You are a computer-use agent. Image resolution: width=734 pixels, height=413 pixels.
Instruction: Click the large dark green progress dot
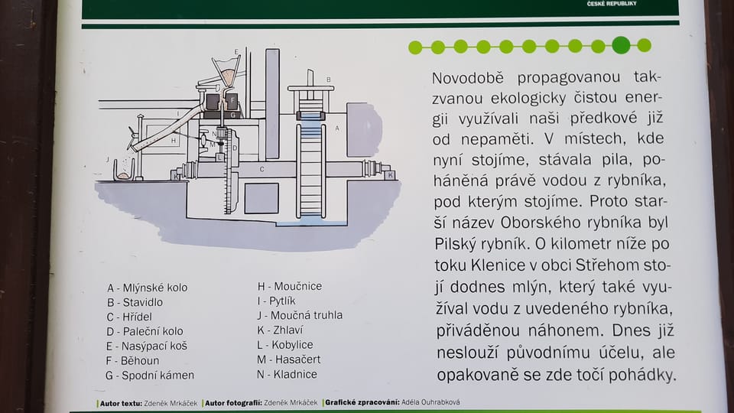pos(621,45)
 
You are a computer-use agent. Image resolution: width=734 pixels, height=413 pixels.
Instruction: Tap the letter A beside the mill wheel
pos(337,128)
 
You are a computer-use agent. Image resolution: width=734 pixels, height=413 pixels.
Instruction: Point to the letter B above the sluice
pos(329,80)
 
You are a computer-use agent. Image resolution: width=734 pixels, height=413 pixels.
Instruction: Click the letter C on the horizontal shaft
pos(262,169)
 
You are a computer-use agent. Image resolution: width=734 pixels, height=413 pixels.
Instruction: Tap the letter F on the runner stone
pos(232,100)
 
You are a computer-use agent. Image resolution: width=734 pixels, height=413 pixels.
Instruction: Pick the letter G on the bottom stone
pos(233,115)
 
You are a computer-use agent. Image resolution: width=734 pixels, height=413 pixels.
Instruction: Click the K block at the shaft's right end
pos(390,175)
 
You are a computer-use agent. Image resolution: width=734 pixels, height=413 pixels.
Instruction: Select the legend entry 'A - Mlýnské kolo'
pos(147,288)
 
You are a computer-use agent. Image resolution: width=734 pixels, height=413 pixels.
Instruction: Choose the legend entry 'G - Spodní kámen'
pos(150,375)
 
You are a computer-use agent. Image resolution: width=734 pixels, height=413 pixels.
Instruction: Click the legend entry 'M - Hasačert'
pos(289,359)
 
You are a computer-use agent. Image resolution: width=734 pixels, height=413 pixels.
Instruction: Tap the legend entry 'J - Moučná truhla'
pos(300,315)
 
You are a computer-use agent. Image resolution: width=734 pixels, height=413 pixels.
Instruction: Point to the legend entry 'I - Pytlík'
pos(276,301)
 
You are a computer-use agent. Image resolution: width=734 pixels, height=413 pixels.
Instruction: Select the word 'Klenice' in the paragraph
pos(498,265)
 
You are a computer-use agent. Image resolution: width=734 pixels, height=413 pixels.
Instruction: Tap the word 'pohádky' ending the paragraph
pos(647,375)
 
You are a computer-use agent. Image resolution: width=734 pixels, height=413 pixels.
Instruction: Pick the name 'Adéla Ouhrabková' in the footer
pos(430,402)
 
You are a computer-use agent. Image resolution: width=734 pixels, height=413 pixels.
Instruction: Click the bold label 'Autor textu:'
pos(121,403)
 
